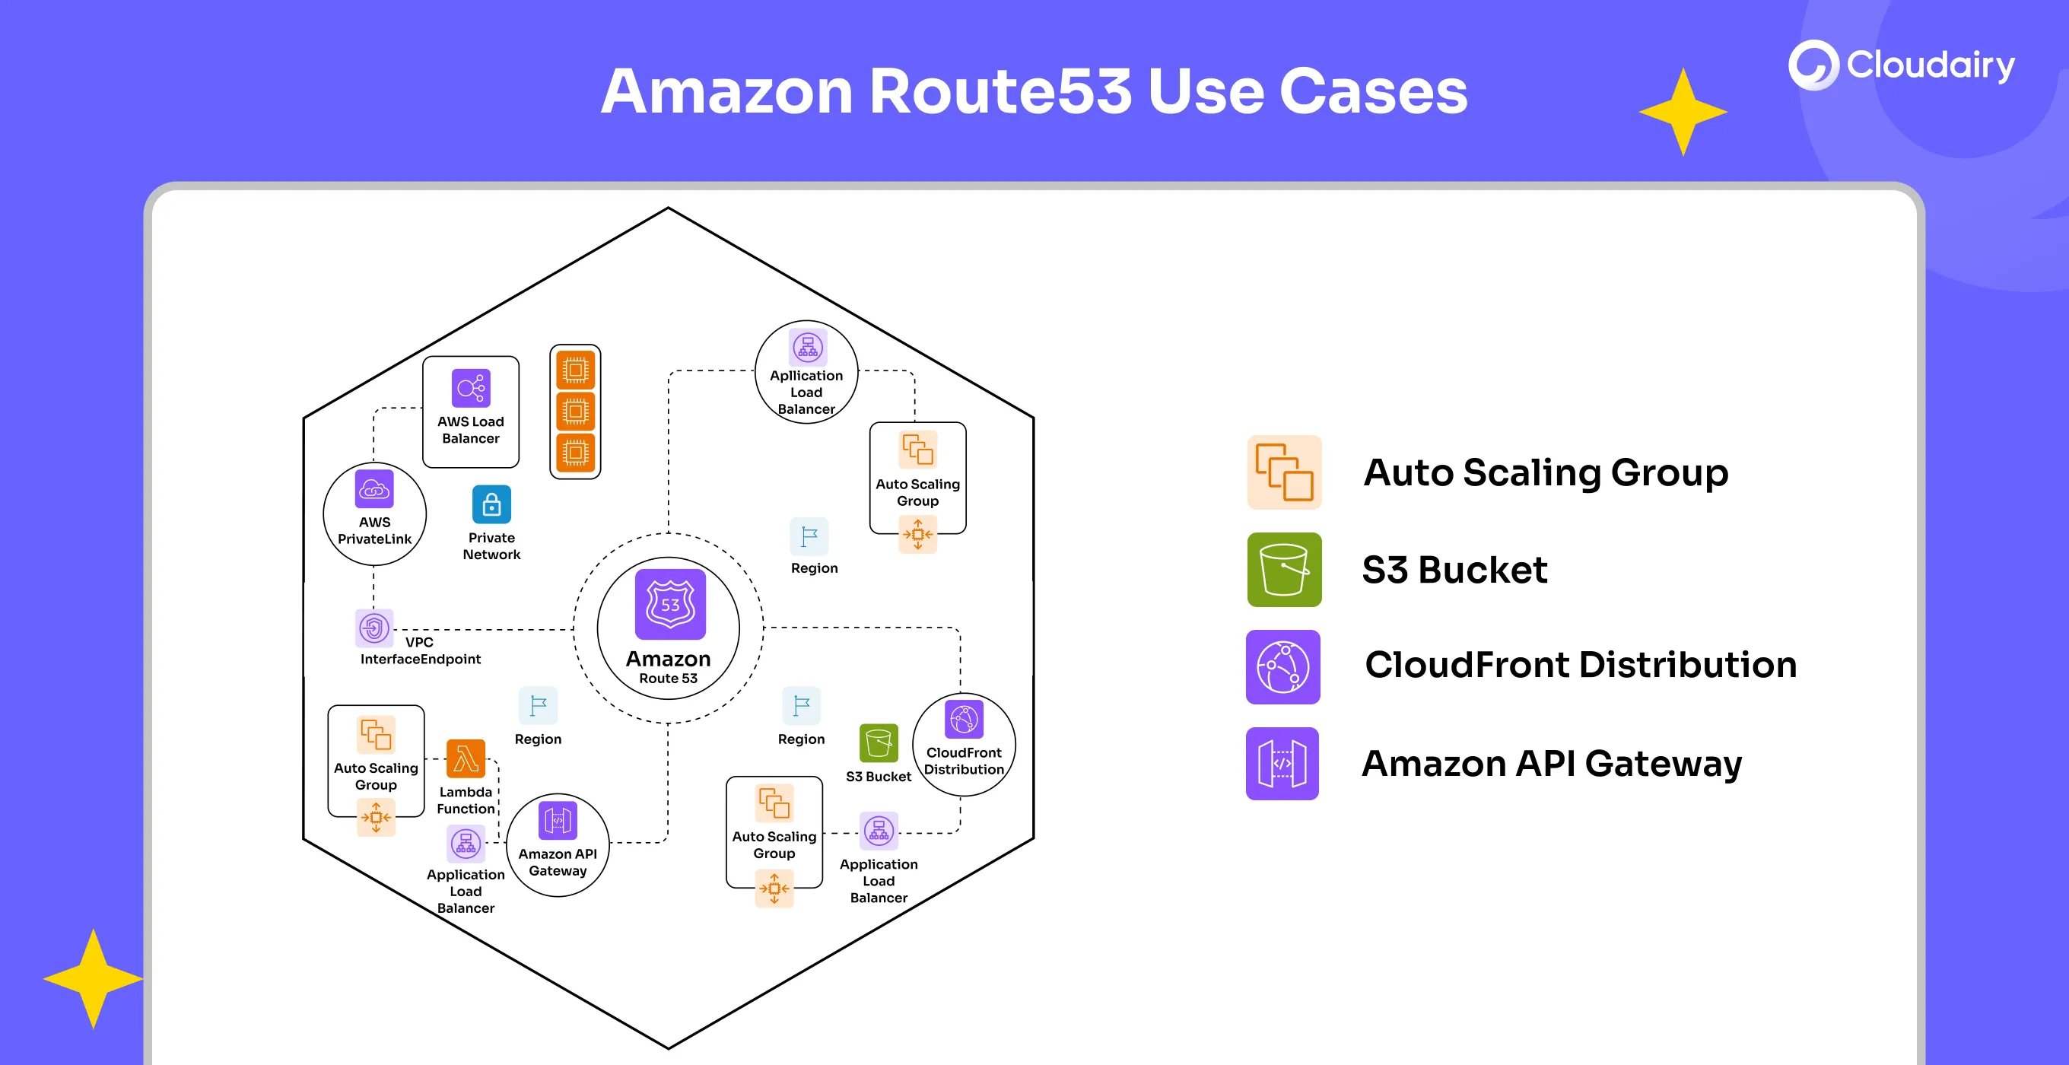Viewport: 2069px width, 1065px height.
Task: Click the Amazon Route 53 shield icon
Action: point(670,604)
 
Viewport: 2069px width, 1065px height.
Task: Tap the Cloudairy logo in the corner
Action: point(1900,65)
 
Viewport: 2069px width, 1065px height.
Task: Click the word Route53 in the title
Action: point(1000,91)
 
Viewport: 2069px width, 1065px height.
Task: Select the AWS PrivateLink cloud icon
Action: point(374,488)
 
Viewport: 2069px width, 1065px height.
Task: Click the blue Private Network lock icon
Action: point(491,504)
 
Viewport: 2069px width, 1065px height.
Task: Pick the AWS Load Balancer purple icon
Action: point(471,389)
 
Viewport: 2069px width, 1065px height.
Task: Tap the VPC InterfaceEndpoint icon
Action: point(374,628)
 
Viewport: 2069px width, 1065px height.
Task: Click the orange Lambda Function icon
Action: point(466,759)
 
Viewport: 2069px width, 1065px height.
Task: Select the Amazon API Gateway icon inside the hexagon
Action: point(558,820)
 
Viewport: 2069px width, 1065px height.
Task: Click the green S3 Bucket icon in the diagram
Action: point(879,743)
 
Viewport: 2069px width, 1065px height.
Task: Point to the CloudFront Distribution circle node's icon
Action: point(964,719)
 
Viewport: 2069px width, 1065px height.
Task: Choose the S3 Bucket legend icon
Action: point(1284,570)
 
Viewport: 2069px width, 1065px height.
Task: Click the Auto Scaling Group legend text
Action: point(1546,472)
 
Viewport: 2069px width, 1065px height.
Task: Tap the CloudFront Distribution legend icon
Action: point(1282,666)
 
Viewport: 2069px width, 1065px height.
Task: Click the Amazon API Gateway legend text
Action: point(1552,763)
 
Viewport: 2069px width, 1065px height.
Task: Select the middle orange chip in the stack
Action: point(575,412)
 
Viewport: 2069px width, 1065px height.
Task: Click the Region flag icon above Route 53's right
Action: point(809,536)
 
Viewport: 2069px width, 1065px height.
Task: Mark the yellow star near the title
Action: point(1683,112)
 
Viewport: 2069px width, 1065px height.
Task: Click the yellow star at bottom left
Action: point(93,978)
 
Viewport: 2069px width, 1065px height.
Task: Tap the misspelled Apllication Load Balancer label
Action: point(806,392)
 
